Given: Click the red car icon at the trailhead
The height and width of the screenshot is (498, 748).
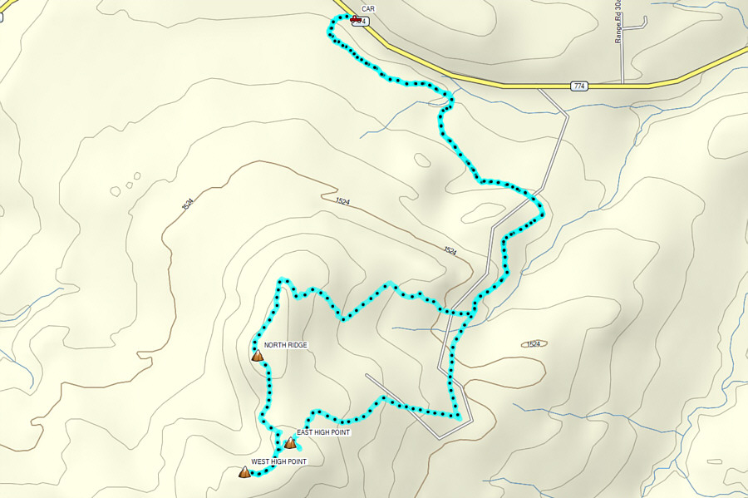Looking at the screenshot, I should (356, 19).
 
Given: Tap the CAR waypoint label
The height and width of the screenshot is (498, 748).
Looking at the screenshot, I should (368, 8).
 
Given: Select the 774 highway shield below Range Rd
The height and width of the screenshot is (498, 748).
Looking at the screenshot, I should (579, 86).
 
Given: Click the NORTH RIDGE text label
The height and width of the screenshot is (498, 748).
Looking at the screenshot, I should (286, 345).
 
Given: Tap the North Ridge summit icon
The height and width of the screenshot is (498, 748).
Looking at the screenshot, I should (258, 356).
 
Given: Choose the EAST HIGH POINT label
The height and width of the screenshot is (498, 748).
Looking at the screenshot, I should (323, 432).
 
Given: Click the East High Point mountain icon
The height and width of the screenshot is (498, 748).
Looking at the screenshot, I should (290, 443).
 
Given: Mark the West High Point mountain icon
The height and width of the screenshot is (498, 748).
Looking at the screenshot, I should (244, 472).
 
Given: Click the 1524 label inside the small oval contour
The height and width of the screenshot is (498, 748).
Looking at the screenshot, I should (534, 343).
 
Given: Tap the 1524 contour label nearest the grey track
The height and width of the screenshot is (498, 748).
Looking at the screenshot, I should (450, 250).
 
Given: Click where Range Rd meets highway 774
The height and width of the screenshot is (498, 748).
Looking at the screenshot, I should (623, 84).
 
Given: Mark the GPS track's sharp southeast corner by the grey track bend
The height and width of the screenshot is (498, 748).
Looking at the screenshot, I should (459, 416).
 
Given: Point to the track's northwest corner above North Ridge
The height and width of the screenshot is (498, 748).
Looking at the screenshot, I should (283, 281).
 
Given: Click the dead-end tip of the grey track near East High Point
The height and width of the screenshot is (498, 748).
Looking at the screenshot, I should (367, 375).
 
